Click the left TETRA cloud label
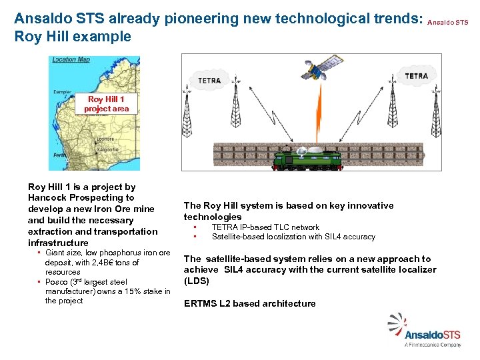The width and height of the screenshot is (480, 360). point(209,81)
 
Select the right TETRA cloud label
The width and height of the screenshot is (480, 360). point(416,76)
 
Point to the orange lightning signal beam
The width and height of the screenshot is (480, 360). point(319,113)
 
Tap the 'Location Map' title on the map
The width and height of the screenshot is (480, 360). point(71,60)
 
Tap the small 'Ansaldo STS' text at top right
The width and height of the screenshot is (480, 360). point(447,22)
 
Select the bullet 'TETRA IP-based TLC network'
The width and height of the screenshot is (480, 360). point(265,227)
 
